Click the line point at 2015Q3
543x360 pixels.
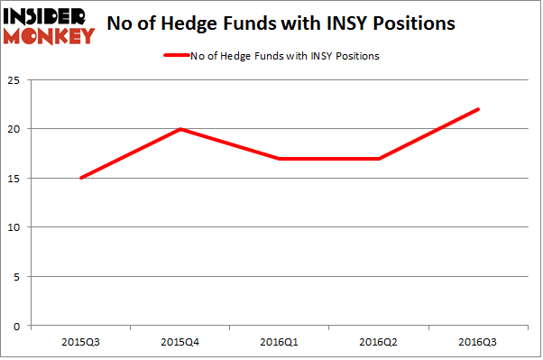click(80, 178)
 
